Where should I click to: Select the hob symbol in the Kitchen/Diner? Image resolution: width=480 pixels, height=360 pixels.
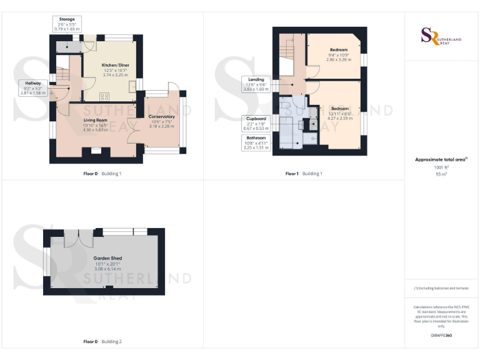click(x=104, y=96)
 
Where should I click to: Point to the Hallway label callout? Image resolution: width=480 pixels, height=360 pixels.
click(x=33, y=87)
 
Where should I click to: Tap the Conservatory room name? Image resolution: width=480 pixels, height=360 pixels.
click(x=161, y=116)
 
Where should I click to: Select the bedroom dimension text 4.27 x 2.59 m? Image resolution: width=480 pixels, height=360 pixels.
click(x=339, y=118)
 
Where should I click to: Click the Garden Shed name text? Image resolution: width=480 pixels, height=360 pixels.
click(x=107, y=258)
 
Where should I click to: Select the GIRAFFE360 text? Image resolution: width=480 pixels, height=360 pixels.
click(x=441, y=336)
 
